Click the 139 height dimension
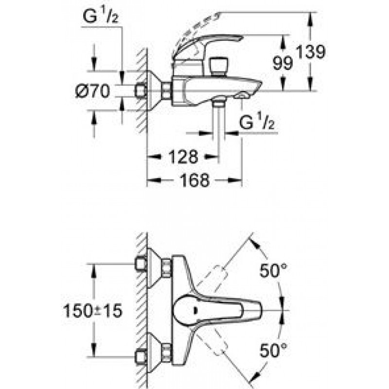(311, 52)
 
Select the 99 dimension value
(283, 63)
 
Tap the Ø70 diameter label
(92, 91)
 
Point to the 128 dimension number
(183, 157)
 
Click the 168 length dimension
(195, 180)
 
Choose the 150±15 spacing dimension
(93, 311)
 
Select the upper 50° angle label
(273, 270)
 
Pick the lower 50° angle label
(273, 350)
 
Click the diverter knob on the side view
(218, 66)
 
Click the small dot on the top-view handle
(195, 310)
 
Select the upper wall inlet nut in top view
(141, 264)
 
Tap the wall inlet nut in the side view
(141, 91)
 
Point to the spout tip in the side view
(259, 85)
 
